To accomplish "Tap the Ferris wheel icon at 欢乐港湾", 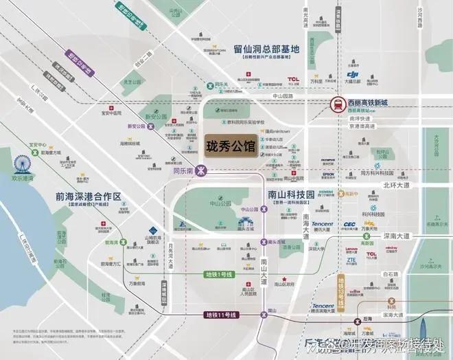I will tap(23, 166).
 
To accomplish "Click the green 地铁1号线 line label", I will tap(220, 275).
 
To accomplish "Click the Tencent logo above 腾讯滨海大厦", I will tap(323, 306).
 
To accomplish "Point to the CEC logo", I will tap(349, 224).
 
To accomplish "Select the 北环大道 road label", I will tap(415, 184).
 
